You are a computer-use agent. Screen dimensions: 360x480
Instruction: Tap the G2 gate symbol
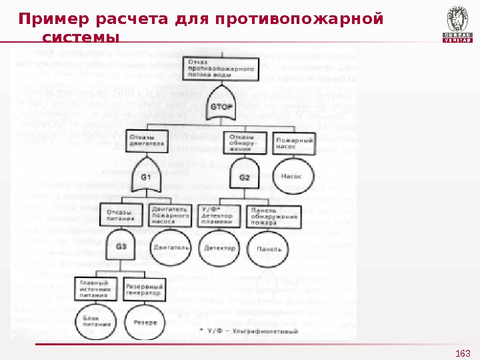(x=245, y=177)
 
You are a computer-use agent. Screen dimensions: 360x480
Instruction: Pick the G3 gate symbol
(x=122, y=246)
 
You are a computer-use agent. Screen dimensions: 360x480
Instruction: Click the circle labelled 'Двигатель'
(x=171, y=247)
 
